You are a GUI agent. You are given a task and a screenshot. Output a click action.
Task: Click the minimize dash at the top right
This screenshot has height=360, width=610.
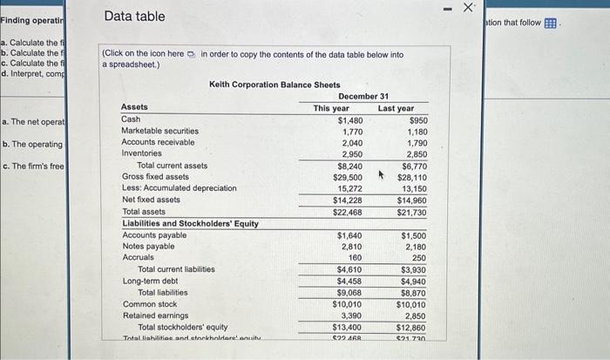446,8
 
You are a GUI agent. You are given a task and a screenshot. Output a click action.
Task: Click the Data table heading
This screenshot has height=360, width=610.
134,17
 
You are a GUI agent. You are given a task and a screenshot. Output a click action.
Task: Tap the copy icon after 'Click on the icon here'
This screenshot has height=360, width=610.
192,54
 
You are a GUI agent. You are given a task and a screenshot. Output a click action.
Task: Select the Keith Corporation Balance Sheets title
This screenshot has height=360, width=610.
274,85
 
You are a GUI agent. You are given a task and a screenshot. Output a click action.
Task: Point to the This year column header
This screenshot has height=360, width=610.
331,107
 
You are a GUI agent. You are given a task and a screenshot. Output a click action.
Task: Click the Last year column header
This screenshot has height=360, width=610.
396,107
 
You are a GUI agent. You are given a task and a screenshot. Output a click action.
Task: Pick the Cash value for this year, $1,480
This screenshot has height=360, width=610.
349,119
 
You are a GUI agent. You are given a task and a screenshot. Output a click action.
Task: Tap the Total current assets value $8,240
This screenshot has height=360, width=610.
349,165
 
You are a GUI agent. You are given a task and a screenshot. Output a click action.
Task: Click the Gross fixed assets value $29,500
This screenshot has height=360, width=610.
348,177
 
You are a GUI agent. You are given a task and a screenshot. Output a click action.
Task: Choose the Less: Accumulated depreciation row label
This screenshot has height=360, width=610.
179,188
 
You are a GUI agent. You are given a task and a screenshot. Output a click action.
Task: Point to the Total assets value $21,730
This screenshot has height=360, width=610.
411,212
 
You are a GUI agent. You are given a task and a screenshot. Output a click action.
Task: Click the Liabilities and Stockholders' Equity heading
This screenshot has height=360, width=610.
190,224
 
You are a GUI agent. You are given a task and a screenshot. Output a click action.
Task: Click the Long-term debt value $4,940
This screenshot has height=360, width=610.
413,282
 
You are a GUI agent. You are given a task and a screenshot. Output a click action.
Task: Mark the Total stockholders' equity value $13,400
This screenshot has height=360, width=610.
348,327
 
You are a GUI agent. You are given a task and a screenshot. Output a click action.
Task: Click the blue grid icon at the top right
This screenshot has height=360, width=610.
550,24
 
